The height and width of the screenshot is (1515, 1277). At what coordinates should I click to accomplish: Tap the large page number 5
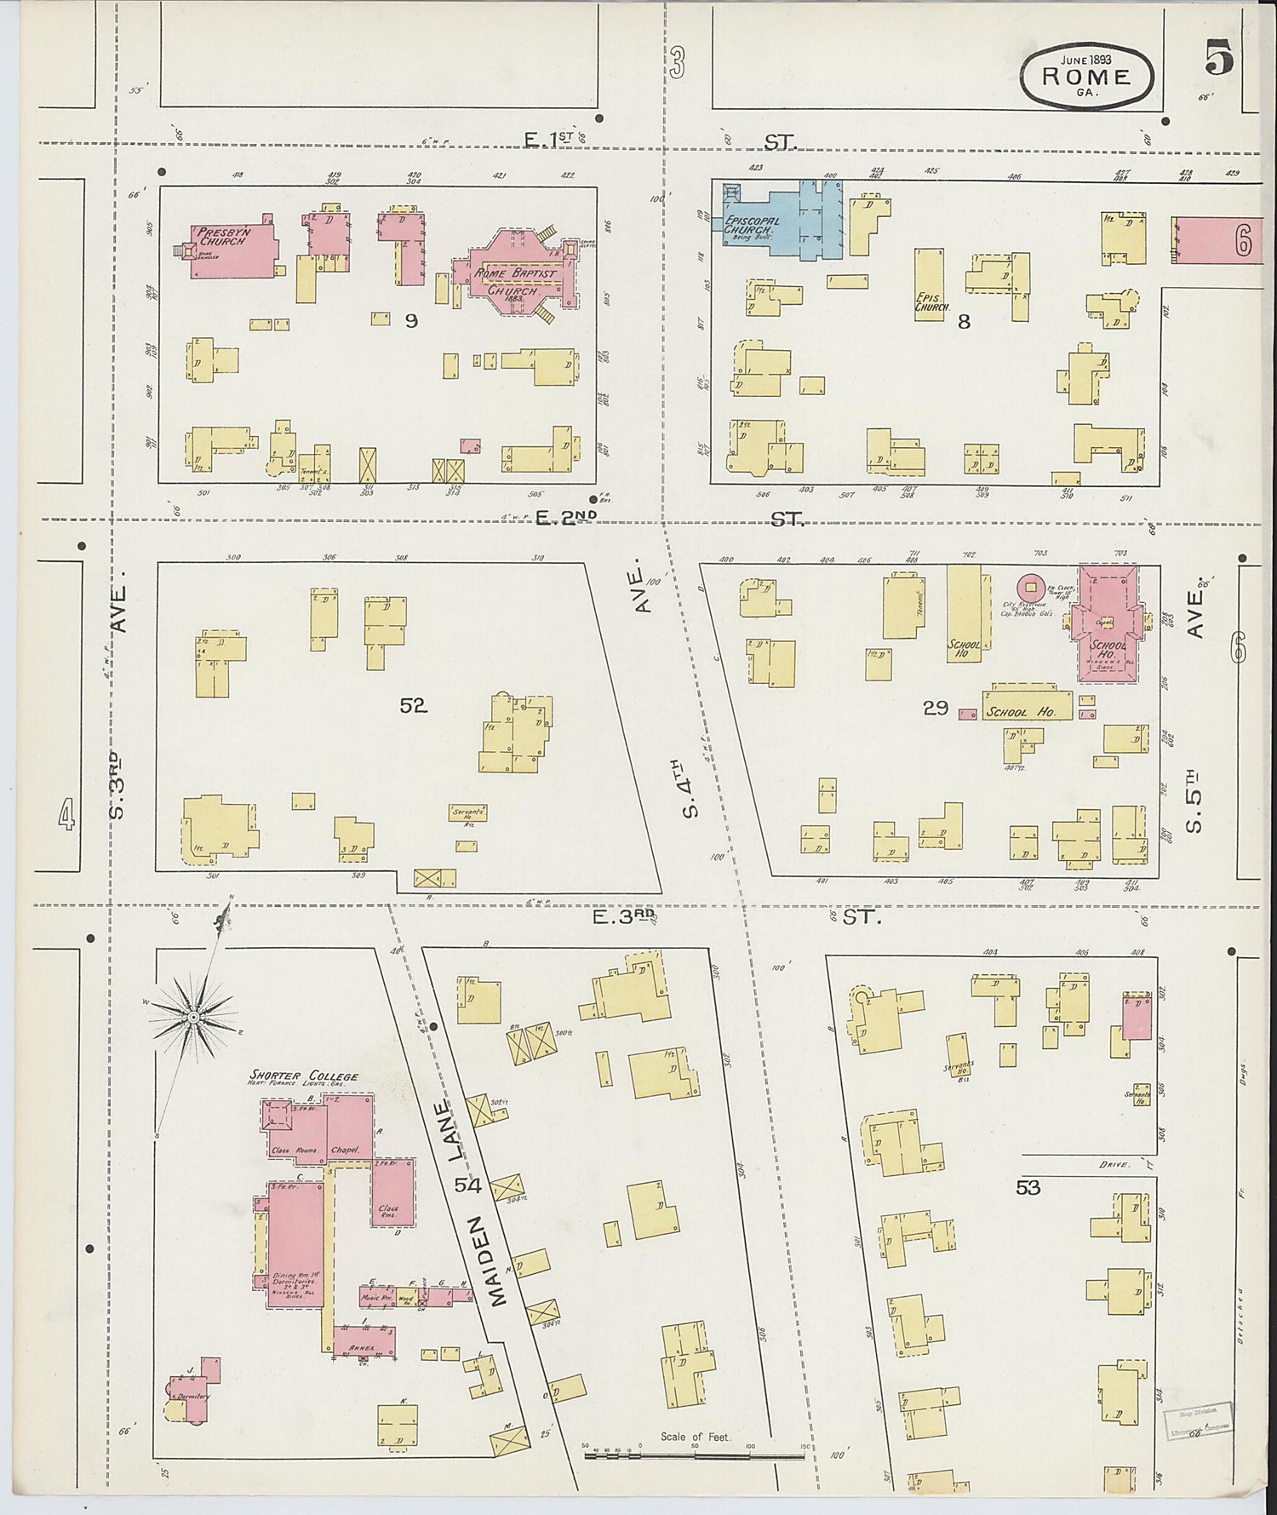click(x=1220, y=60)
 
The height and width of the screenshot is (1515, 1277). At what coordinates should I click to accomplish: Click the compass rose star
click(x=193, y=1017)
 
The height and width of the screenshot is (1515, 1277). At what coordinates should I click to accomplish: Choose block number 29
click(x=936, y=707)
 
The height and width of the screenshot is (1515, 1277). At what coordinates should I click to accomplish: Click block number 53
click(x=1028, y=1186)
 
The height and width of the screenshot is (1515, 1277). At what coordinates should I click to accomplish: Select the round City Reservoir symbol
click(x=1031, y=586)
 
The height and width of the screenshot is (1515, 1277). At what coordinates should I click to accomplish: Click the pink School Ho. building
click(x=1107, y=625)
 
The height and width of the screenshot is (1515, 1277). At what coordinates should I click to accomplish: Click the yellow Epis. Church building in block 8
click(x=928, y=285)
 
